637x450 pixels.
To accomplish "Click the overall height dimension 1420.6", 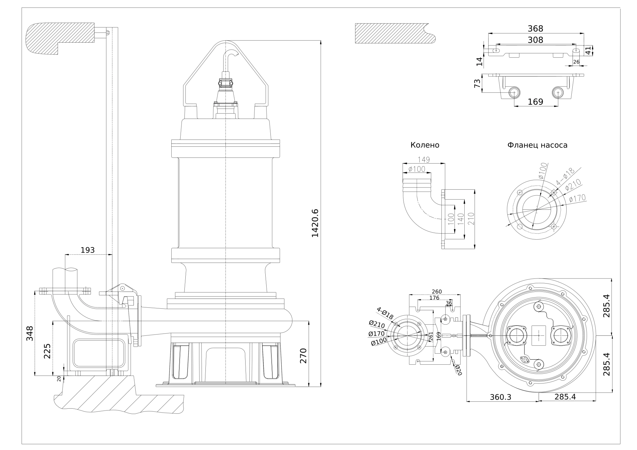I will (x=315, y=223).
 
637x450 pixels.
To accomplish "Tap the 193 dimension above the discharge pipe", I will (x=88, y=250).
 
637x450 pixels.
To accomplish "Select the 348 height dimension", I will (x=30, y=333).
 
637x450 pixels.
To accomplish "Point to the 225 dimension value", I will (x=47, y=351).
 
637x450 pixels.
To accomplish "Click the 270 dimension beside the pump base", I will (x=303, y=356).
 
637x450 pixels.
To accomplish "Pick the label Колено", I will (x=425, y=145).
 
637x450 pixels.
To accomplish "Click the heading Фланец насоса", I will (x=537, y=145).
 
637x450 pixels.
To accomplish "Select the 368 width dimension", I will (x=535, y=29).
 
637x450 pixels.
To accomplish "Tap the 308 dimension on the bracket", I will (x=535, y=40).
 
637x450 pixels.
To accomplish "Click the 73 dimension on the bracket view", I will (x=477, y=83).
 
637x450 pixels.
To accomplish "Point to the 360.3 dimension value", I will (x=500, y=397).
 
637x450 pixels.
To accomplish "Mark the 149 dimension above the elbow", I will (x=423, y=160).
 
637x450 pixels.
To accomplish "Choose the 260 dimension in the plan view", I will (x=436, y=292).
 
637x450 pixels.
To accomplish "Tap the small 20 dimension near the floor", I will (x=59, y=378).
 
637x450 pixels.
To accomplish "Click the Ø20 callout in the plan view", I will (x=458, y=370).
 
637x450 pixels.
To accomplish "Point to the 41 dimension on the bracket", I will (x=588, y=50).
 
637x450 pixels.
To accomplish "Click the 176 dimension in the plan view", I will (x=434, y=298).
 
